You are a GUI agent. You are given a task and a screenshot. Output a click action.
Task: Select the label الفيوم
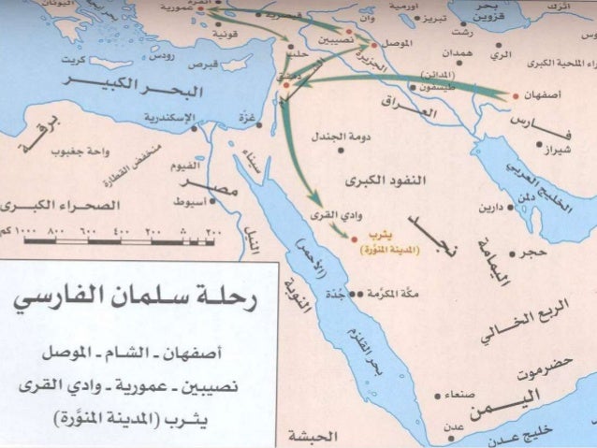point(184,166)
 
